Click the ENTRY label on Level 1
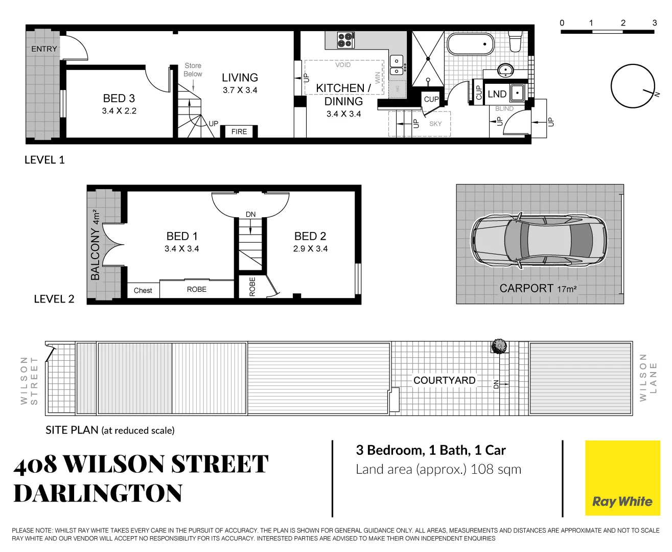(44, 49)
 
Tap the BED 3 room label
(119, 99)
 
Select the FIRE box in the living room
(239, 132)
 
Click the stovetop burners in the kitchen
(345, 40)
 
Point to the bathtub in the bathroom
(470, 44)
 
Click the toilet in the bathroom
(515, 41)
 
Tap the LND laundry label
(497, 94)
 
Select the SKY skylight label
(435, 124)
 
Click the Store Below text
(193, 70)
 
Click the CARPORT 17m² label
(538, 289)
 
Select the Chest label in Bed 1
(143, 290)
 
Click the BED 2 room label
(310, 236)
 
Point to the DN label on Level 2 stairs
(250, 215)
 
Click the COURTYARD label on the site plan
(444, 380)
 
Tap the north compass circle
(633, 86)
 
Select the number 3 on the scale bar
(654, 23)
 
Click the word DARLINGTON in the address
(98, 494)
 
